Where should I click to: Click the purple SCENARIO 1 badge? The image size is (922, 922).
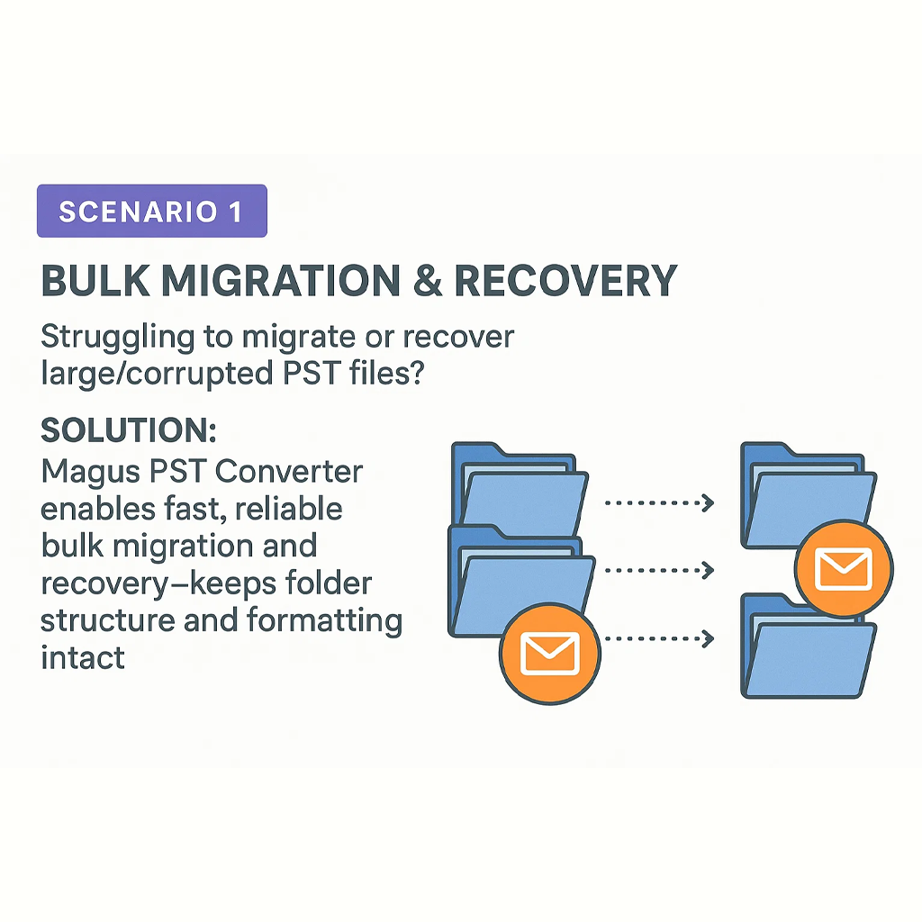(151, 211)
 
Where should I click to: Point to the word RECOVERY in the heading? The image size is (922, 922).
(565, 282)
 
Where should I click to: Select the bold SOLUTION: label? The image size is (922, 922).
(129, 430)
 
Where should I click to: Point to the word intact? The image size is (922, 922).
(82, 657)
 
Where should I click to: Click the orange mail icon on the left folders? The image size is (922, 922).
(549, 651)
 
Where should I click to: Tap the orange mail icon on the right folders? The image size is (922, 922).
(844, 568)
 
